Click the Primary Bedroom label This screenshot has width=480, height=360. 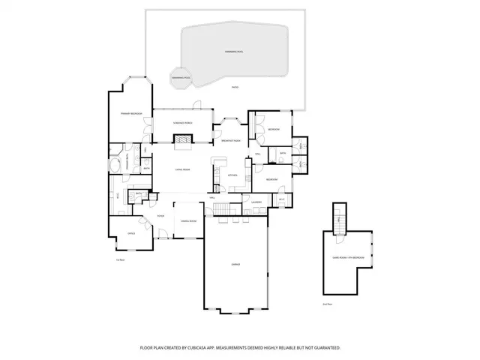click(x=131, y=114)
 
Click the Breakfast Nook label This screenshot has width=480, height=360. click(x=231, y=140)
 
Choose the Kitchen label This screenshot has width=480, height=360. click(x=232, y=175)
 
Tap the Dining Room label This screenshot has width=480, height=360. click(x=187, y=220)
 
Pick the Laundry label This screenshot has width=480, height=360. click(x=256, y=202)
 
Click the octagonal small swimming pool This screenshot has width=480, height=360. click(x=180, y=78)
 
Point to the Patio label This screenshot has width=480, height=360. click(x=235, y=88)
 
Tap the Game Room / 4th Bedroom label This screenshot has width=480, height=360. click(x=349, y=258)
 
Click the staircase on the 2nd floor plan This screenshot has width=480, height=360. click(x=340, y=218)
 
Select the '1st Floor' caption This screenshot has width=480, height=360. click(x=119, y=259)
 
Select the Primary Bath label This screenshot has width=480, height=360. click(x=129, y=163)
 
